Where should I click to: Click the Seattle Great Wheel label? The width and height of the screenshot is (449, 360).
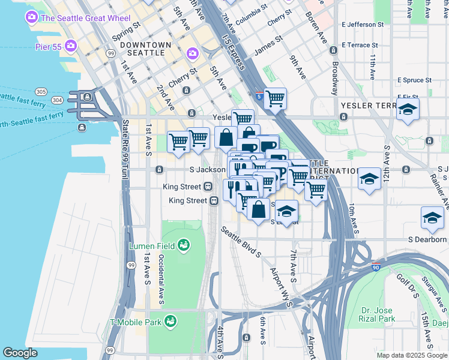(85, 18)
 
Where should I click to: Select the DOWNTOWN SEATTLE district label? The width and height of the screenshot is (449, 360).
(142, 49)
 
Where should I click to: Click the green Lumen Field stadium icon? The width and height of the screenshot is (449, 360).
(184, 245)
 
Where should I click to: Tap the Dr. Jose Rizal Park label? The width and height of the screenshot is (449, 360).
(378, 315)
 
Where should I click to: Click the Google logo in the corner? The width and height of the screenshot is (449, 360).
(20, 353)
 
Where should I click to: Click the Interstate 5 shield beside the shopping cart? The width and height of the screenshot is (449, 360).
(259, 95)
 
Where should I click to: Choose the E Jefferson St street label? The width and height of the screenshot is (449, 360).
(362, 25)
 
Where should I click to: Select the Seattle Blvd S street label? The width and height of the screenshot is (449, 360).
(241, 242)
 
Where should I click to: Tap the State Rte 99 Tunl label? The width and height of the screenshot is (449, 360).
(125, 148)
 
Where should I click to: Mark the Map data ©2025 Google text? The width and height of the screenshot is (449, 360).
(412, 355)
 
